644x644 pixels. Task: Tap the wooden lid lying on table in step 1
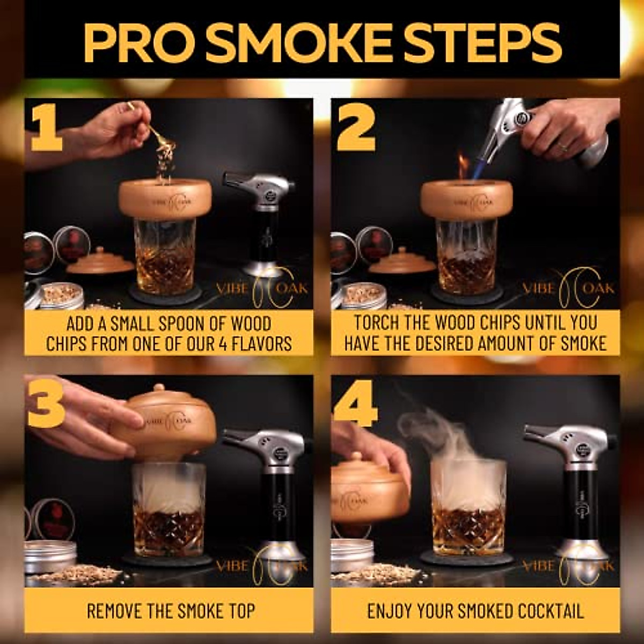[100, 261]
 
